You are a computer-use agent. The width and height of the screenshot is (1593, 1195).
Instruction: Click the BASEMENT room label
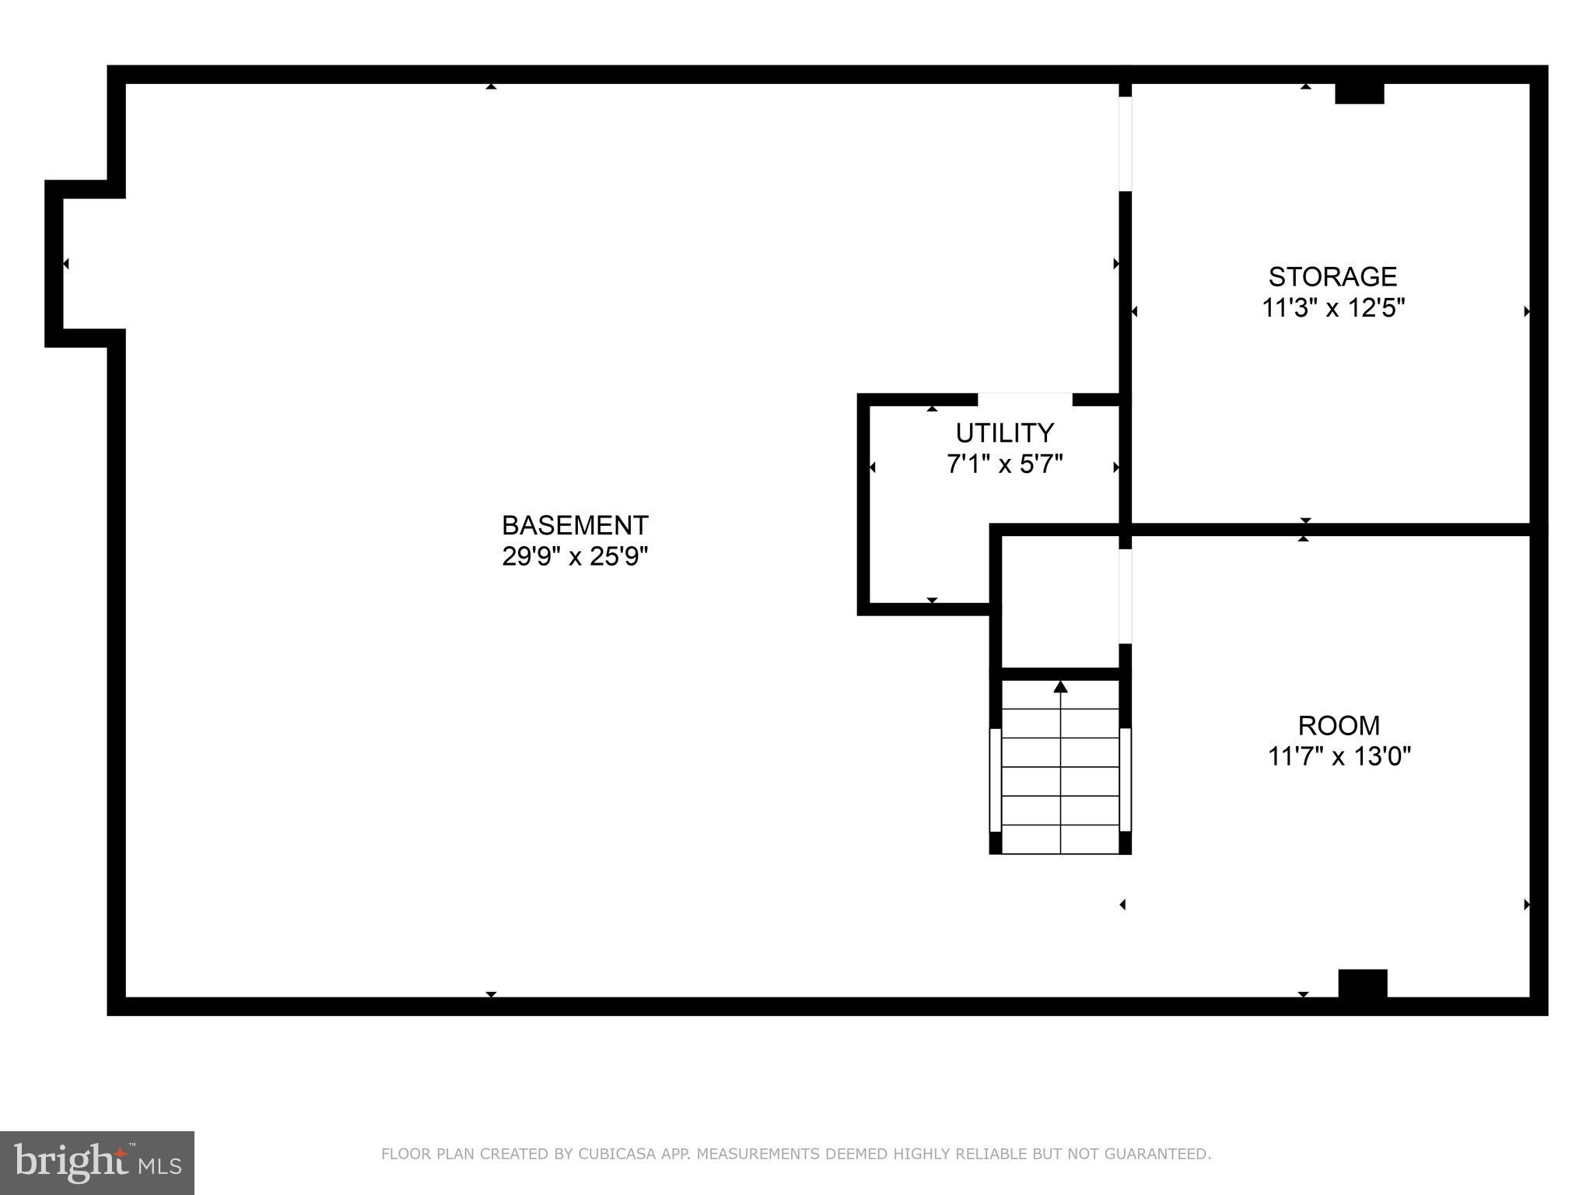point(575,526)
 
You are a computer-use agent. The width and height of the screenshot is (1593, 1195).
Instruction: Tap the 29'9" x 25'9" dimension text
point(575,557)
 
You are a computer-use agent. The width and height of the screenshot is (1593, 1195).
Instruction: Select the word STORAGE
point(1332,277)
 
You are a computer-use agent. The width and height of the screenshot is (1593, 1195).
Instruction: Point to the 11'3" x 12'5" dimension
point(1332,308)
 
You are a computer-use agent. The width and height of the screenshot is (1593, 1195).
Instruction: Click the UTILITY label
point(1004,433)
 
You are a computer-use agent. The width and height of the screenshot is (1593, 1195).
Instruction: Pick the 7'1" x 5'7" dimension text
point(1004,464)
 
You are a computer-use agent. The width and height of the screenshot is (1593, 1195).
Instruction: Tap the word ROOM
point(1339,726)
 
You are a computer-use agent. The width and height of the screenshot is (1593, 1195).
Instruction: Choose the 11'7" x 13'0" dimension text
point(1339,756)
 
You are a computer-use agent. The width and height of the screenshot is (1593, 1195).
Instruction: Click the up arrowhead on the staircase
point(1060,687)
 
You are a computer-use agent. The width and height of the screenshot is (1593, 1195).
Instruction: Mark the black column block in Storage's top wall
point(1360,93)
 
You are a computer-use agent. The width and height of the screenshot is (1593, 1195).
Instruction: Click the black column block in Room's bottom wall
point(1362,983)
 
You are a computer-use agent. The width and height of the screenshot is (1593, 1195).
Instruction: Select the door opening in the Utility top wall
point(1024,399)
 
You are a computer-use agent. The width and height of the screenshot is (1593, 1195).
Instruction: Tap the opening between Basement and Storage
point(1125,144)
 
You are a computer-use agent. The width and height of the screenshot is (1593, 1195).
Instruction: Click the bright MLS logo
point(96,1162)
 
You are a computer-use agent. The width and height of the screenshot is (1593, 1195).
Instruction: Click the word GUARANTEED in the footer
point(1164,1154)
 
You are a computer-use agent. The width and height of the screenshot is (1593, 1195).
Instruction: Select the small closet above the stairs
point(1059,601)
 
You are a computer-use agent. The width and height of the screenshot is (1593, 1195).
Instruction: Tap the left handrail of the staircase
point(995,780)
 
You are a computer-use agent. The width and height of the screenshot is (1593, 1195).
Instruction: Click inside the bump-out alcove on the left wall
point(86,264)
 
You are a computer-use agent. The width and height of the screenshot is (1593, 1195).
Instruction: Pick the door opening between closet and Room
point(1125,596)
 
